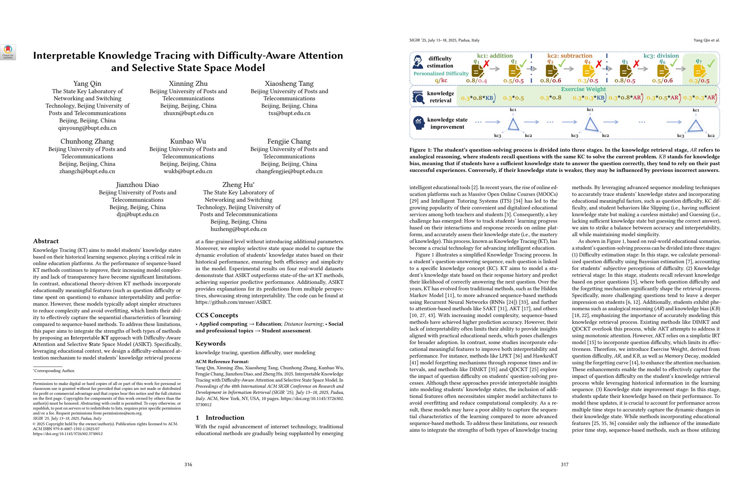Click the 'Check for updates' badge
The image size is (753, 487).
tap(8, 52)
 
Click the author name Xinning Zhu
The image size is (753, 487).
tap(188, 84)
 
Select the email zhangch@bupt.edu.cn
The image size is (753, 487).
tap(87, 171)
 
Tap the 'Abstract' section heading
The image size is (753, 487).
tap(46, 241)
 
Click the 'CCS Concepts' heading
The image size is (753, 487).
tap(217, 315)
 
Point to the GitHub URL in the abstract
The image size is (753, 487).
tap(233, 302)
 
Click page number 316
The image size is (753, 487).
tap(188, 465)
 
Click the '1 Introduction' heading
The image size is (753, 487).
tap(220, 418)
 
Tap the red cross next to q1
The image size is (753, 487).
tap(486, 64)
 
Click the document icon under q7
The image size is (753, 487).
tap(699, 71)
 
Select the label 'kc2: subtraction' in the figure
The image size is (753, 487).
tap(570, 56)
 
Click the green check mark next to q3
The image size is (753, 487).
tap(562, 63)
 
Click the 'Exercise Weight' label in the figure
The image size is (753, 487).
tap(584, 89)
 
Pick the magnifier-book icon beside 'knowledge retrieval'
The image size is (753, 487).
tap(418, 97)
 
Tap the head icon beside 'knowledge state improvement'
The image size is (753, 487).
tap(419, 123)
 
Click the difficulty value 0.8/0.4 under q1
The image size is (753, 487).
tap(476, 81)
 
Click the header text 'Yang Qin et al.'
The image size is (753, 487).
tap(706, 40)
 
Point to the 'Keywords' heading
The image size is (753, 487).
tap(210, 343)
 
